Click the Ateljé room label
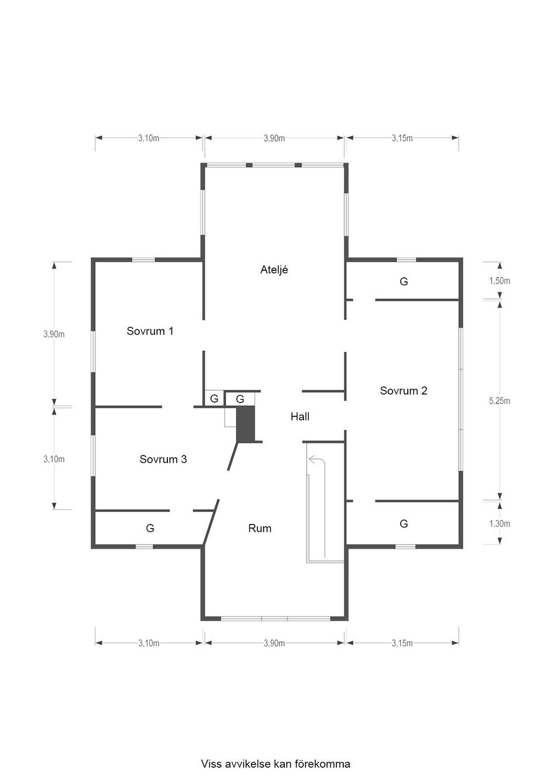[274, 270]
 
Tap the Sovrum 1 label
[150, 331]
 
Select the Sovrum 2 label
[404, 390]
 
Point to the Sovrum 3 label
[163, 459]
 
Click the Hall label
[300, 416]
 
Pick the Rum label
[260, 528]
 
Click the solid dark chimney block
[246, 424]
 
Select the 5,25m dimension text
[499, 401]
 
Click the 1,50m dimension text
[499, 281]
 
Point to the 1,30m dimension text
[499, 523]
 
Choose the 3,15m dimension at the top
[402, 139]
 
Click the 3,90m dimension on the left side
[54, 334]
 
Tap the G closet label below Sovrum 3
[150, 528]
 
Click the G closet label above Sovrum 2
[404, 281]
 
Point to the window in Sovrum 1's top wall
[143, 260]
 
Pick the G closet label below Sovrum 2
[404, 523]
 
